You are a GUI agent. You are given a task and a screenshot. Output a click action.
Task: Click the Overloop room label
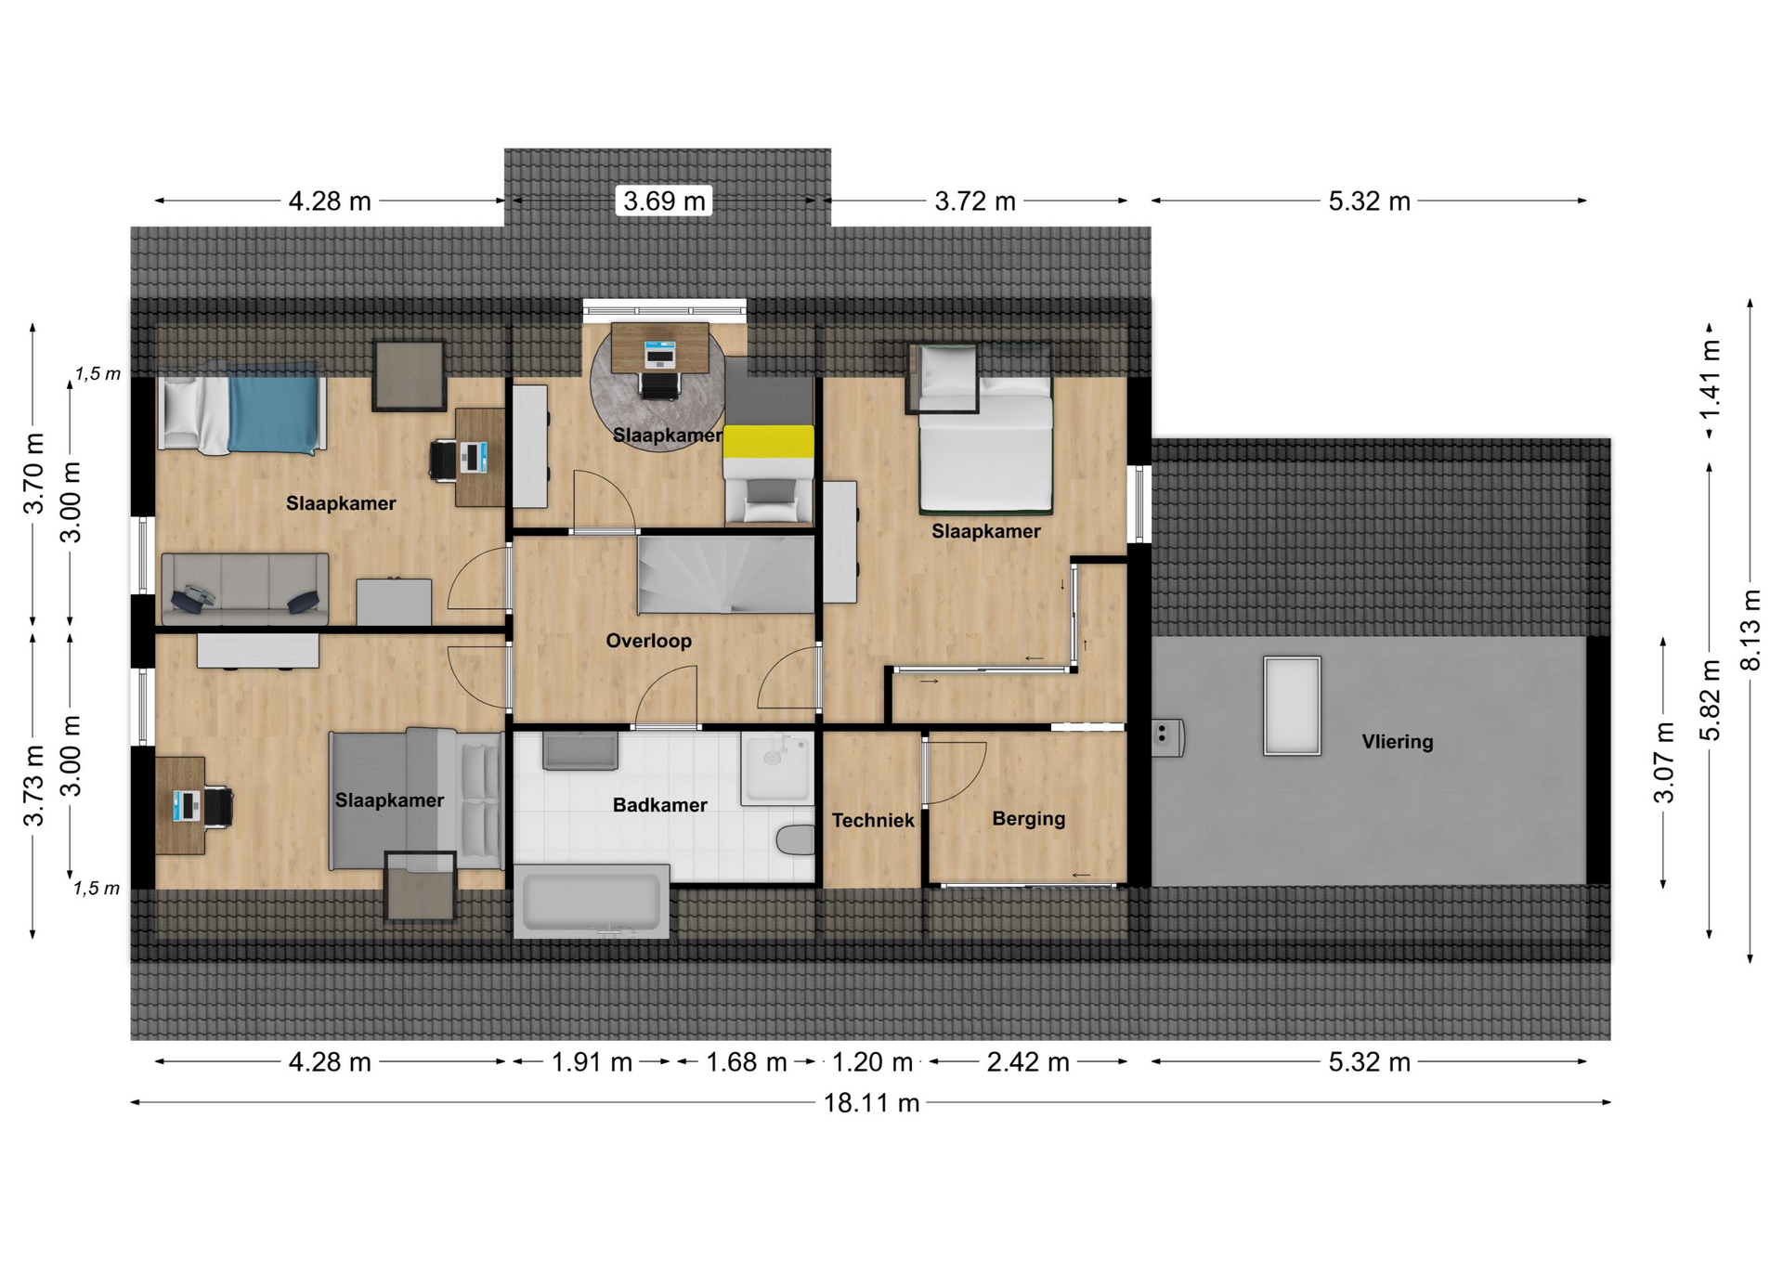648,641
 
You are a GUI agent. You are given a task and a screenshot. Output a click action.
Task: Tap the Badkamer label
659,805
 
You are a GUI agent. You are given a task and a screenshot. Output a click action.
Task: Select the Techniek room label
873,820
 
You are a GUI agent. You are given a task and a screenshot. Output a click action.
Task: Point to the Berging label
1028,819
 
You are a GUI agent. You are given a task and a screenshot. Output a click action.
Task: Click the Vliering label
1398,742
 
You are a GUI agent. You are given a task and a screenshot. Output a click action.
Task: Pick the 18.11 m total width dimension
871,1103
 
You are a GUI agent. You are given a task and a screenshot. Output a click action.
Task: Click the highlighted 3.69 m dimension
664,201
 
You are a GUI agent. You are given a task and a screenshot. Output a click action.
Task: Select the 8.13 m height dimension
1750,630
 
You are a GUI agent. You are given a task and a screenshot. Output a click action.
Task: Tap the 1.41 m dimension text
1709,379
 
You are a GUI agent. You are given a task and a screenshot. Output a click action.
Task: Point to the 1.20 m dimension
872,1061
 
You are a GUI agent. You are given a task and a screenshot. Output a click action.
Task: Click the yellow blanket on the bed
769,442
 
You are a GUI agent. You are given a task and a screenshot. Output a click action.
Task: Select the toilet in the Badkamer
795,839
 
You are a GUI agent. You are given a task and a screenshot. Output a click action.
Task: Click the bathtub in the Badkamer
592,902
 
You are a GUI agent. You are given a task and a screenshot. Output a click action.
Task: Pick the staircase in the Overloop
725,574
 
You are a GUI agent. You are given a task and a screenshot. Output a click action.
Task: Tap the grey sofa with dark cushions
245,590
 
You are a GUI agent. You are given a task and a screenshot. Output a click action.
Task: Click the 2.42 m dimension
1028,1061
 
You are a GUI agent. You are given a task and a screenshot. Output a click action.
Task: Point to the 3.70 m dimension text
33,474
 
